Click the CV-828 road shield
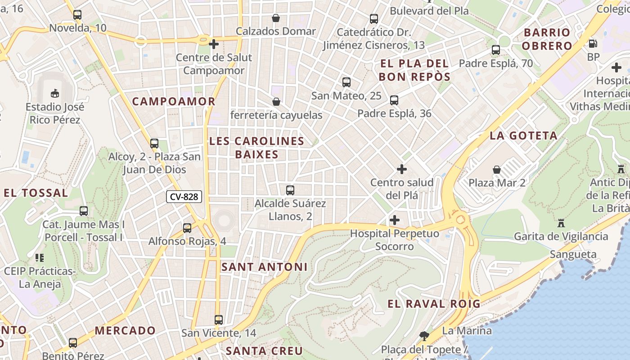click(184, 197)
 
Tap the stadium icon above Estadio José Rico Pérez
click(55, 93)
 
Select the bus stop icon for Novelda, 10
click(77, 15)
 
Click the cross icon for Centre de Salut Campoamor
click(214, 44)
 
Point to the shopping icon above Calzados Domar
click(276, 18)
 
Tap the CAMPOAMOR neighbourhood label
click(174, 101)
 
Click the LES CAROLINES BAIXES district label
click(256, 148)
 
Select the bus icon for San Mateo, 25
click(346, 82)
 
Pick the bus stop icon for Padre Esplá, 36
click(394, 100)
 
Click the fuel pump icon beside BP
click(593, 44)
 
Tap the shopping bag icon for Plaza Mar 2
click(497, 170)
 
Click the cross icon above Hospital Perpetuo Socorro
click(395, 220)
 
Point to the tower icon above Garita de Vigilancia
click(561, 223)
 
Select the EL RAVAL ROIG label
click(434, 304)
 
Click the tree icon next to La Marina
click(423, 335)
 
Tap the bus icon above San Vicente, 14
click(219, 320)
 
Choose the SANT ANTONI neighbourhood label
click(265, 267)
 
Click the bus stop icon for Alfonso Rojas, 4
click(187, 228)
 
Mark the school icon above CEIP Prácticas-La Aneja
click(39, 258)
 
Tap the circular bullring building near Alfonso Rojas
click(224, 220)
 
